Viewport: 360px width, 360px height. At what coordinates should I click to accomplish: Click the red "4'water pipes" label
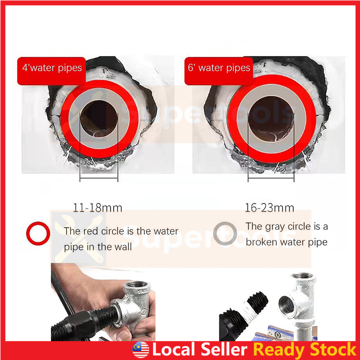(51, 71)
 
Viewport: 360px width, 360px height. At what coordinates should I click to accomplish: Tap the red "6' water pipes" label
(219, 71)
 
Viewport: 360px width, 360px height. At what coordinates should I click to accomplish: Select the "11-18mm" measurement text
(98, 208)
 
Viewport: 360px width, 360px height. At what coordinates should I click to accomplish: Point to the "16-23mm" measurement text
(270, 208)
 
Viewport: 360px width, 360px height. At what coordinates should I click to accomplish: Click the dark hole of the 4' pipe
(99, 119)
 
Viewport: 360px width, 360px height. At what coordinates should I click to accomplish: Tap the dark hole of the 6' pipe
(271, 119)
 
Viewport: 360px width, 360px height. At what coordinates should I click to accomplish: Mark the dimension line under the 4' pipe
(99, 178)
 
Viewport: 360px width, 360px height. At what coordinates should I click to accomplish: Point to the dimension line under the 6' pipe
(271, 178)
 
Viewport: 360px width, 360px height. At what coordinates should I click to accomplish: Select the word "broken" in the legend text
(261, 242)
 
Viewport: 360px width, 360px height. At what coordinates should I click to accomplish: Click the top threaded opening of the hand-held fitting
(137, 285)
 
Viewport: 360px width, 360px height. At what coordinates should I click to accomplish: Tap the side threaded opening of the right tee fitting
(287, 305)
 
